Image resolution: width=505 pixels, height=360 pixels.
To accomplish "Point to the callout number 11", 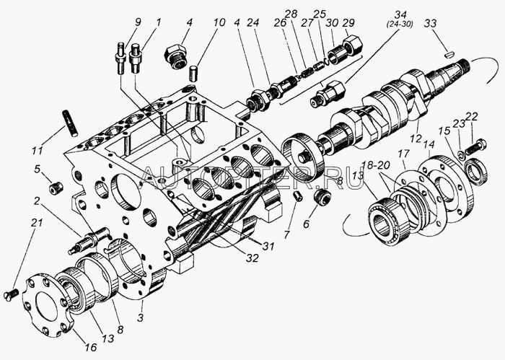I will point(37,152).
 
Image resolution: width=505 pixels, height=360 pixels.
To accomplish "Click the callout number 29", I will point(350,24).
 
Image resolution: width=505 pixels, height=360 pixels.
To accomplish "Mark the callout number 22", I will point(471,118).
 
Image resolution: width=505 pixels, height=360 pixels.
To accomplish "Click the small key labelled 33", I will point(448,52).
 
